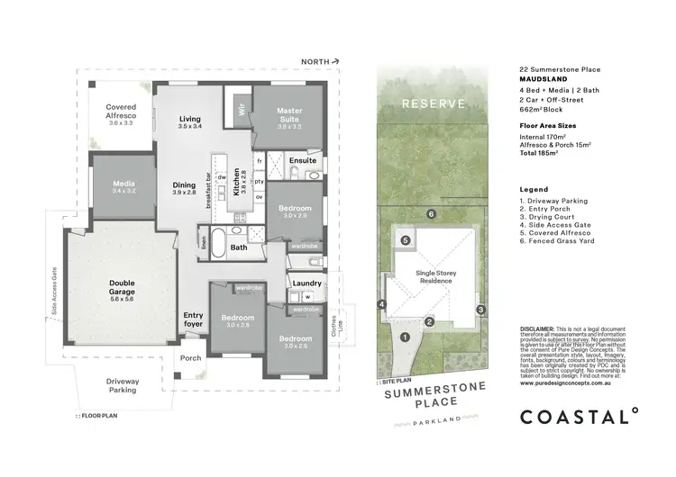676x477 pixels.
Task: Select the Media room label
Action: click(123, 185)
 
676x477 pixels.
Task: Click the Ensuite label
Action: click(303, 161)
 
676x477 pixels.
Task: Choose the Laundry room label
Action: click(307, 283)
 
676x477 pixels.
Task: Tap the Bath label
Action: click(238, 247)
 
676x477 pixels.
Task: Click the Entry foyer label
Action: click(194, 319)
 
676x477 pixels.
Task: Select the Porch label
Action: click(191, 357)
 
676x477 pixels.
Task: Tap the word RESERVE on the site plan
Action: click(434, 103)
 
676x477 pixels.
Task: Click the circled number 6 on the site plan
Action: click(431, 213)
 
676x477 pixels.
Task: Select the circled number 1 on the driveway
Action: click(405, 337)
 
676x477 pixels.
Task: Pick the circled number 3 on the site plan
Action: click(480, 310)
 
